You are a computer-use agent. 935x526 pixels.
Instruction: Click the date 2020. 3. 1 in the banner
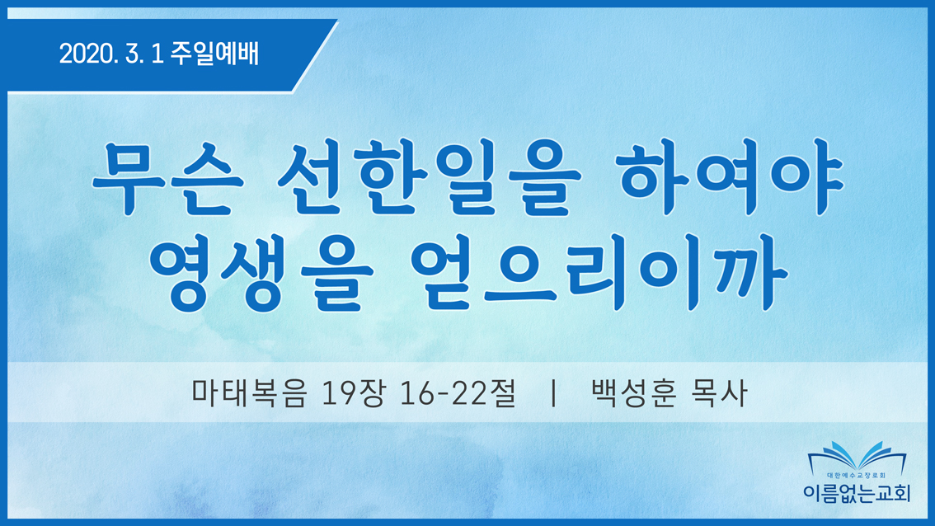(111, 54)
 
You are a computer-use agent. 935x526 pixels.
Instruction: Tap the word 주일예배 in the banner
(214, 54)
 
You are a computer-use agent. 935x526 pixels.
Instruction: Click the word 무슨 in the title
(167, 178)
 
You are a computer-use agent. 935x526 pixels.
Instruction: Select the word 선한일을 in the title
(429, 177)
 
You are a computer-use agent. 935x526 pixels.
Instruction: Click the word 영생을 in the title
(261, 274)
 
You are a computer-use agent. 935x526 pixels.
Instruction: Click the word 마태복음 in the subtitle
(250, 393)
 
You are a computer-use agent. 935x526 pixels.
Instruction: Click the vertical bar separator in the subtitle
(554, 393)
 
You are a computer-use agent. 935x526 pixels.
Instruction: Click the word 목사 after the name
(718, 393)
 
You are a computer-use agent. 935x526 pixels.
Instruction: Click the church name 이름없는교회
(857, 493)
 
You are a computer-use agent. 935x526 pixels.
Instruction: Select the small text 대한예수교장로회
(857, 476)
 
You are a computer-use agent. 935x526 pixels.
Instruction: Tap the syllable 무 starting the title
(128, 178)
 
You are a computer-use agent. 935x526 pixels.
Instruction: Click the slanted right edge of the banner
(315, 55)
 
